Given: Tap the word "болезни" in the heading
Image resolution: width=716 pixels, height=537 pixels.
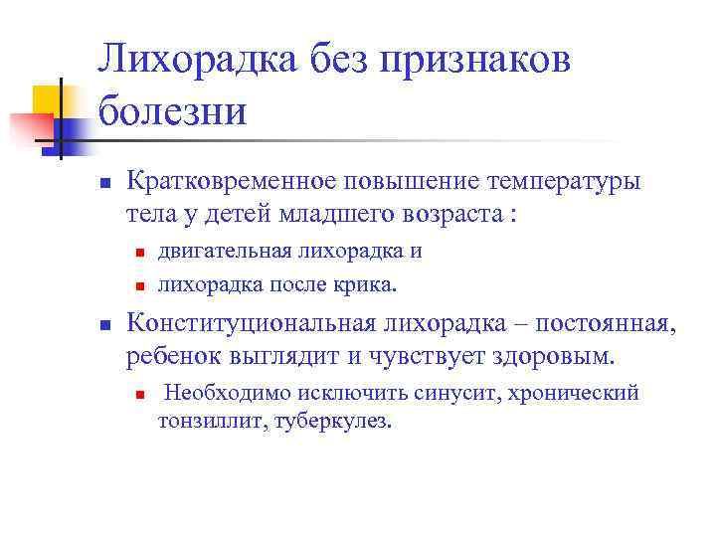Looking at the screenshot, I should pyautogui.click(x=171, y=109).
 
